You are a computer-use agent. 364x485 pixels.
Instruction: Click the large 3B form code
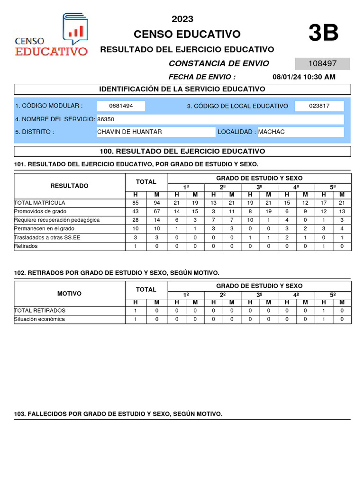point(323,34)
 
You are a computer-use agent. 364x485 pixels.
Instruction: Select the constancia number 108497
point(322,64)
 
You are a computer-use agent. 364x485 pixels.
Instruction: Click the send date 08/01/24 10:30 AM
point(304,77)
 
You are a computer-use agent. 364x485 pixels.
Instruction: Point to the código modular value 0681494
point(121,106)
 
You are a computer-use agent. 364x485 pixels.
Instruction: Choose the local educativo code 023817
point(319,106)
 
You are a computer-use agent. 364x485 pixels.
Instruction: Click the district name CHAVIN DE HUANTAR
point(129,132)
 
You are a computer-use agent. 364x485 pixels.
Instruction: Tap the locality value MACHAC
point(272,132)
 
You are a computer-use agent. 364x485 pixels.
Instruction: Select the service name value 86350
point(106,119)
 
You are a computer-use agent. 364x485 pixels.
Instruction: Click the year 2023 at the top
point(182,19)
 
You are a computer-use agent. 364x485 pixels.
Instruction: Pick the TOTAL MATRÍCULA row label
point(40,203)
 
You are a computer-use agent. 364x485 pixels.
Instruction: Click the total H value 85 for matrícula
point(136,203)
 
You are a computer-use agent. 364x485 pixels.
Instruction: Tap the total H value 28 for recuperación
point(136,220)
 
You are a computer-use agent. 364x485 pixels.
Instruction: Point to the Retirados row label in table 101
point(26,246)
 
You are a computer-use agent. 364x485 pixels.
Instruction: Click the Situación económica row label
point(39,319)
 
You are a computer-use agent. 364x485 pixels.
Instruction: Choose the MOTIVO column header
point(69,294)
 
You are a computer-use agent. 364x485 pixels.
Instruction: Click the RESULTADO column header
point(69,186)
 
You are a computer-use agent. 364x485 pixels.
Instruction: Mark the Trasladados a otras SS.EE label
point(47,237)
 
